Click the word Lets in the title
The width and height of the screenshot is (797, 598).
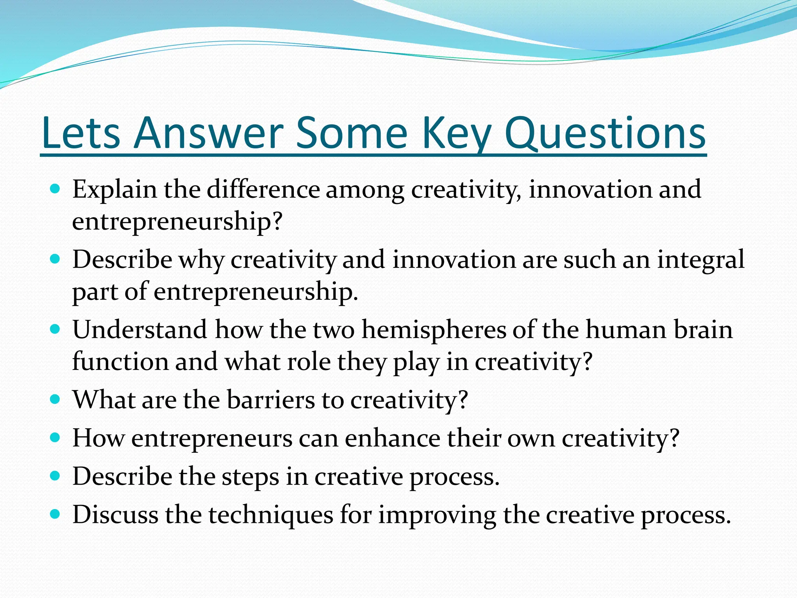tap(81, 134)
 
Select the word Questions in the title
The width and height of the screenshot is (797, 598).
tap(605, 134)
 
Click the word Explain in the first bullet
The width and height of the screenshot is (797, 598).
tap(114, 190)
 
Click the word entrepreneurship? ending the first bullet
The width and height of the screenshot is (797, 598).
tap(177, 222)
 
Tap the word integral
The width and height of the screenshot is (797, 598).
tap(700, 260)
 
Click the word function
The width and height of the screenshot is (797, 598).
tap(120, 362)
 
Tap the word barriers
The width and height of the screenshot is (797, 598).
tap(271, 400)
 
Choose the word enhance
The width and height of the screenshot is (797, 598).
tap(393, 438)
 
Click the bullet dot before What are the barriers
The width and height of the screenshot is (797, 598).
tap(55, 399)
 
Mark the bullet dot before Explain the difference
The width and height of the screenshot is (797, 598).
tap(55, 189)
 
